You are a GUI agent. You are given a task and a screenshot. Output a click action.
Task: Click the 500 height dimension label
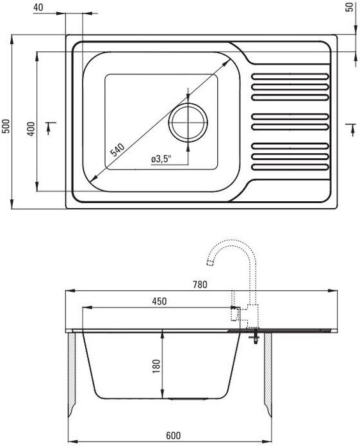tap(6, 126)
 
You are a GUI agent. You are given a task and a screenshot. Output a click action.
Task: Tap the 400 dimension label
tap(31, 129)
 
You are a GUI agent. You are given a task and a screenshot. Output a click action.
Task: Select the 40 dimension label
tap(38, 8)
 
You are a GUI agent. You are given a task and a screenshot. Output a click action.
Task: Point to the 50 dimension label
tap(350, 7)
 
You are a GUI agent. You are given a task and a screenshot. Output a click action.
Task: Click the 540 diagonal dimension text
tap(117, 150)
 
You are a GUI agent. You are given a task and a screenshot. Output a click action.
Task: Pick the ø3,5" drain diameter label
tap(161, 160)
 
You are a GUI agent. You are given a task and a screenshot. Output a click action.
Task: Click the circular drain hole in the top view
tap(188, 122)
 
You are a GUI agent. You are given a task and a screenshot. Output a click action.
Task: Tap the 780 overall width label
tap(200, 285)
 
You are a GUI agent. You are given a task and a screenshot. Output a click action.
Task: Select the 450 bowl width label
tap(159, 301)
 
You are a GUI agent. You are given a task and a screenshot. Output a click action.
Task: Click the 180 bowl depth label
tap(156, 367)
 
